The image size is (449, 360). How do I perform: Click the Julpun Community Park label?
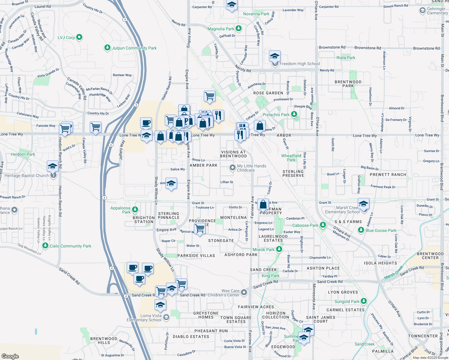134,48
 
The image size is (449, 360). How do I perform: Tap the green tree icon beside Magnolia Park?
239,28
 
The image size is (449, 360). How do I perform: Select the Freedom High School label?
300,64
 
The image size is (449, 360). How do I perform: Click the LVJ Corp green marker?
79,37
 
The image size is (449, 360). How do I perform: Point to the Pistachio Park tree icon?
294,114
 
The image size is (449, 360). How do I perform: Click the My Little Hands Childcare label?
252,168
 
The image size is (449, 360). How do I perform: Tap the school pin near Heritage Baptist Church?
53,166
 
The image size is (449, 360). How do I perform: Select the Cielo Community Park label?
71,246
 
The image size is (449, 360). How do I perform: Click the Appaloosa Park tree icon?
135,209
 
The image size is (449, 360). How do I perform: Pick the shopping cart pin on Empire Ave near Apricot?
200,229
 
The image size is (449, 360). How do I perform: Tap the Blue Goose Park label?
381,230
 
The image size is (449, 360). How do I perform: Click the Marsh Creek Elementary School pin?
363,204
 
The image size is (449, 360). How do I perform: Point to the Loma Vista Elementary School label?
144,318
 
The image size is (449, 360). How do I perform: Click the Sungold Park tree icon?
364,301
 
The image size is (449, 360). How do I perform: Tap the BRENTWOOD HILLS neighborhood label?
104,340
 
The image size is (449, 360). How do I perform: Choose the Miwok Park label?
264,250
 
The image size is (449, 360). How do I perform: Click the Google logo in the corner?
10,356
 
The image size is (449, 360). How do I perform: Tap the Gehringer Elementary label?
437,11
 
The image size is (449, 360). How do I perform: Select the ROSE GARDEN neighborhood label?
268,93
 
